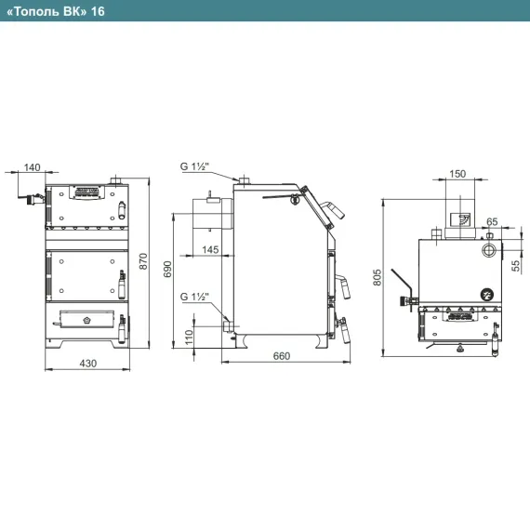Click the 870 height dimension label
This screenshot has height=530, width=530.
pyautogui.click(x=143, y=261)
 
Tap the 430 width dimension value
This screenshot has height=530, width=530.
pyautogui.click(x=88, y=364)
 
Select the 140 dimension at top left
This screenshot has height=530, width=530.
pyautogui.click(x=33, y=167)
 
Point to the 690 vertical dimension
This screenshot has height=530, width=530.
pyautogui.click(x=167, y=269)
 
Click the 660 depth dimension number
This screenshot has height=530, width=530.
pyautogui.click(x=282, y=356)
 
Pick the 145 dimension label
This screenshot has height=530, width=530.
pyautogui.click(x=210, y=250)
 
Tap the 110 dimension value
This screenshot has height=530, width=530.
pyautogui.click(x=189, y=337)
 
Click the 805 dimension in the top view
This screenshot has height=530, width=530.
pyautogui.click(x=378, y=277)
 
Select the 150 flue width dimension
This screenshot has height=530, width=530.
pyautogui.click(x=457, y=174)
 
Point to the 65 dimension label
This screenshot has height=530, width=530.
pyautogui.click(x=492, y=221)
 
